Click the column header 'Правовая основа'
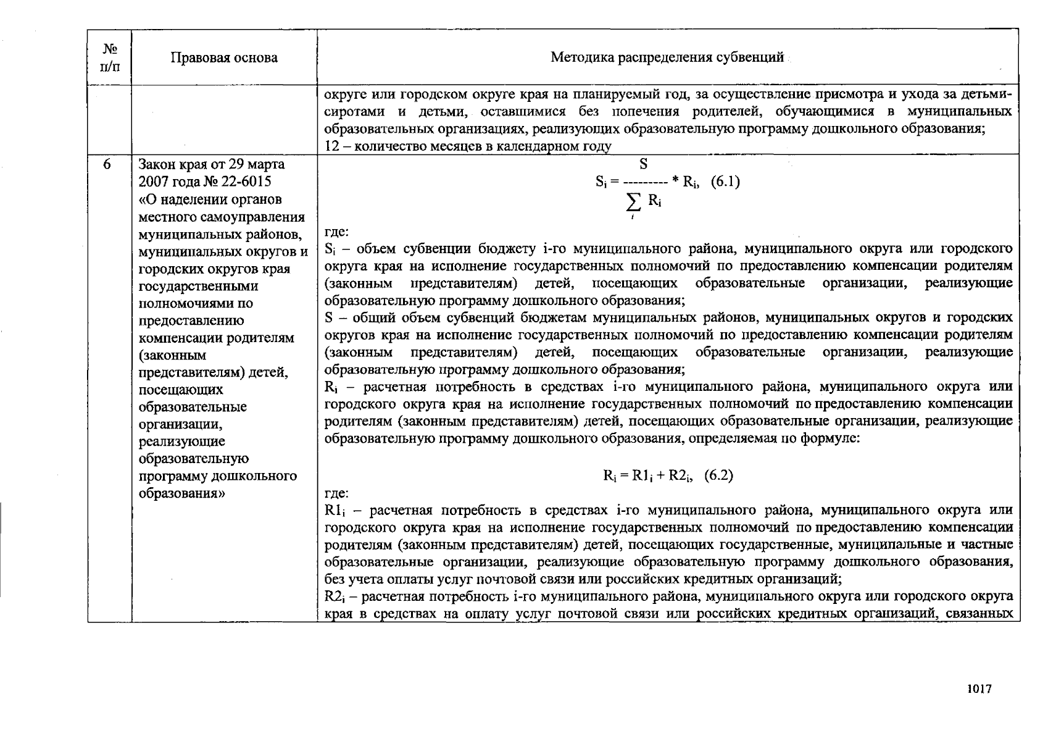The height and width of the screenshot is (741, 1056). (224, 58)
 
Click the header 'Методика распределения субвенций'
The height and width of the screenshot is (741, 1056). (667, 57)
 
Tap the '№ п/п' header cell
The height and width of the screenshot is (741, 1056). (109, 57)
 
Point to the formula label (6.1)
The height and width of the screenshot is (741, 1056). (725, 182)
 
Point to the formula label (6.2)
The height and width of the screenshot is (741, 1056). (718, 475)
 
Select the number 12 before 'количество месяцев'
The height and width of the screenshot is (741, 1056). (331, 146)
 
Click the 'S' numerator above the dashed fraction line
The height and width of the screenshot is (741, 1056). (643, 164)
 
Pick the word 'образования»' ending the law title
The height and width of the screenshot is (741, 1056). (178, 493)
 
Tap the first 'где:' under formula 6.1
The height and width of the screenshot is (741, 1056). (336, 232)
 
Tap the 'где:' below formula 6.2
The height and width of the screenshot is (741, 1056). (336, 493)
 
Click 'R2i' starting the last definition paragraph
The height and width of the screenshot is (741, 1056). (334, 597)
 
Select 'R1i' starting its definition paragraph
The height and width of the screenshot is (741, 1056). (334, 511)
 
